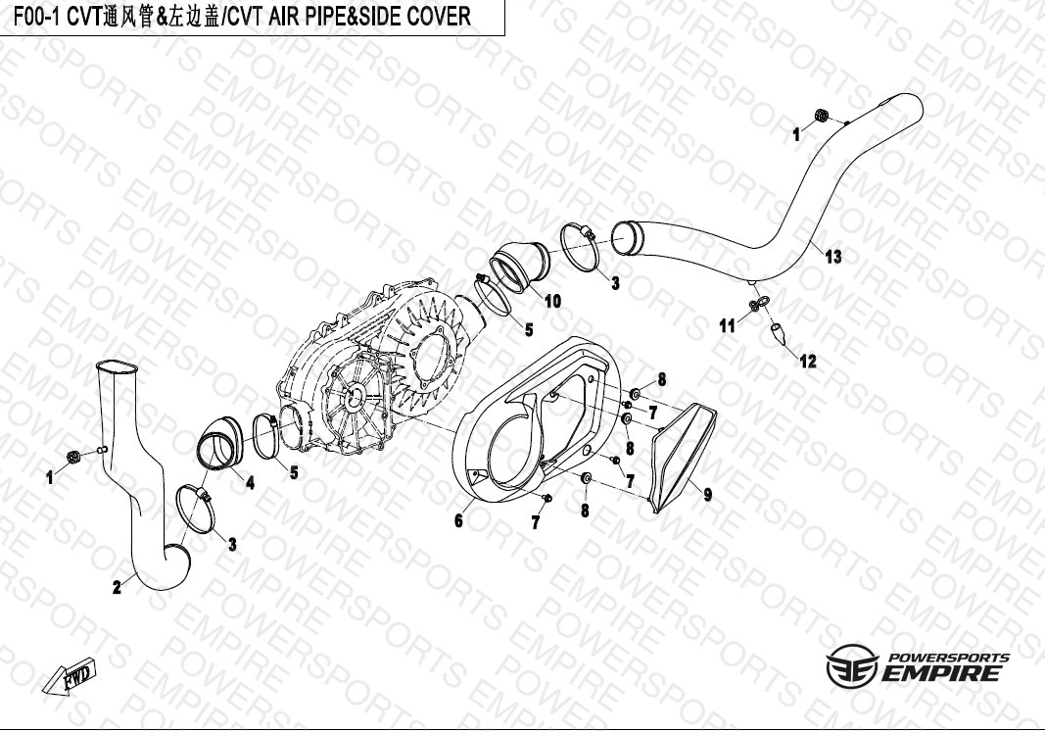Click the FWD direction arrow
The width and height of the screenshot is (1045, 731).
pyautogui.click(x=70, y=677)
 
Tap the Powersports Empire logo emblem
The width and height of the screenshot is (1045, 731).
pyautogui.click(x=852, y=666)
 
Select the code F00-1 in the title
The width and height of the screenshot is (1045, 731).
pyautogui.click(x=35, y=16)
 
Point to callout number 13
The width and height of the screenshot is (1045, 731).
pyautogui.click(x=833, y=257)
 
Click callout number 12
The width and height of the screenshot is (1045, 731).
pyautogui.click(x=808, y=362)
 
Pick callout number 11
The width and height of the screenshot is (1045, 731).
pyautogui.click(x=727, y=326)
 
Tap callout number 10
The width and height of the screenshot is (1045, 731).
pyautogui.click(x=552, y=302)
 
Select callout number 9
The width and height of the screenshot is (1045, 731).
pyautogui.click(x=708, y=494)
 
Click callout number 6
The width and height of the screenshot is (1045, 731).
pyautogui.click(x=458, y=521)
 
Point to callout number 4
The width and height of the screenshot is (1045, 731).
pyautogui.click(x=250, y=482)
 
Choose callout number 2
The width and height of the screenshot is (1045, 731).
pyautogui.click(x=118, y=588)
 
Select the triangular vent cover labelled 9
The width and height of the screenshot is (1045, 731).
pyautogui.click(x=683, y=458)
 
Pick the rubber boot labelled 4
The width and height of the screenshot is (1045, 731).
pyautogui.click(x=220, y=442)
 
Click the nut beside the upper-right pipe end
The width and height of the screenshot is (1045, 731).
pyautogui.click(x=822, y=116)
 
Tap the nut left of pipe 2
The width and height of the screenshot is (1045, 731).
pyautogui.click(x=74, y=457)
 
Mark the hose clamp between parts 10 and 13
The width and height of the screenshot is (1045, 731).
pyautogui.click(x=579, y=247)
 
